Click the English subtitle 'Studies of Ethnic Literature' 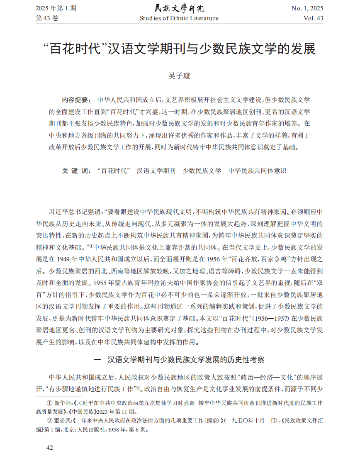click(x=179, y=18)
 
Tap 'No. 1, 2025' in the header click(x=307, y=8)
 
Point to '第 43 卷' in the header click(x=48, y=18)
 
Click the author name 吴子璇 click(x=179, y=76)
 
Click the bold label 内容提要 click(x=75, y=100)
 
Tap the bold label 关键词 click(x=75, y=171)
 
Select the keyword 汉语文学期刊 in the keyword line click(x=156, y=171)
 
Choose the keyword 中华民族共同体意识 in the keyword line click(x=257, y=171)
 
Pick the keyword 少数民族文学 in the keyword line click(x=202, y=171)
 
